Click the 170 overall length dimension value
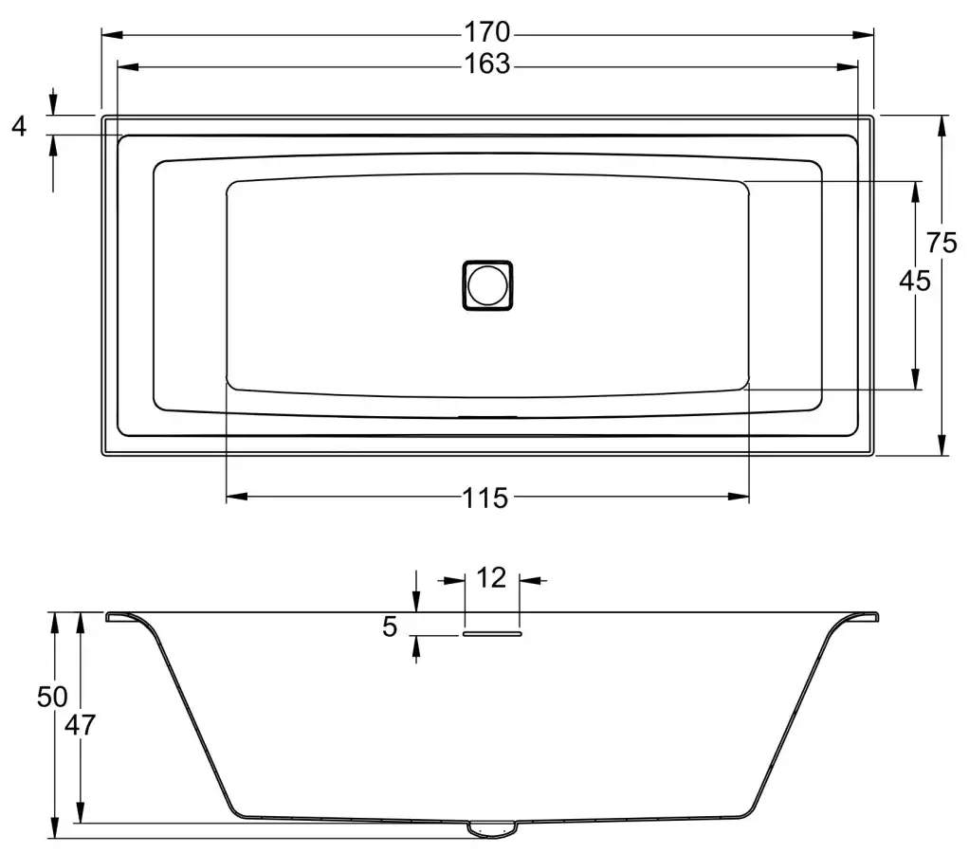coord(487,32)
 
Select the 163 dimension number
coord(487,64)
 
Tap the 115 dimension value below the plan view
coord(485,498)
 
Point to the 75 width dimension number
coord(942,242)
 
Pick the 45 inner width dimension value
coord(915,281)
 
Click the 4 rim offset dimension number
coord(19,126)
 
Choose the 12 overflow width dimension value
coord(491,578)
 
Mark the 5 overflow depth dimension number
coord(390,626)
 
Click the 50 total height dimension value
coord(52,697)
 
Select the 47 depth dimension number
coord(81,725)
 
